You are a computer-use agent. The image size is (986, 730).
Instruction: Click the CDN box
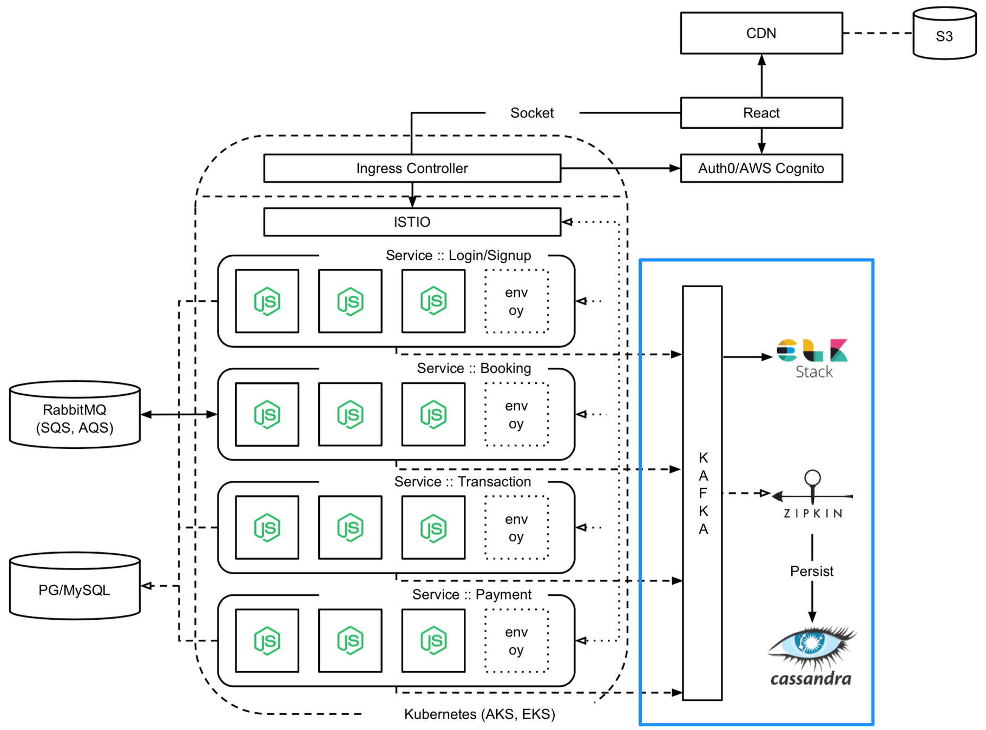pos(761,33)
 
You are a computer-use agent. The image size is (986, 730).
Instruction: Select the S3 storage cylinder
pos(944,34)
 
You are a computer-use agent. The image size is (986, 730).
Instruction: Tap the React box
pos(761,112)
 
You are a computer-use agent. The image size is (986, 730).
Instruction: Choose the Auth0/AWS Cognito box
pos(761,168)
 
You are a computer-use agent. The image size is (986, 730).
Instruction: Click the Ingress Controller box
pos(412,168)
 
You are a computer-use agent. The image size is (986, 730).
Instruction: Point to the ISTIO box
pos(412,222)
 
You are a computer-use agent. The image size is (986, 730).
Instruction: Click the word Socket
pos(532,112)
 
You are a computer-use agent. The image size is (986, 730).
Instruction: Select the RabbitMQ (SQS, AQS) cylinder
pos(75,415)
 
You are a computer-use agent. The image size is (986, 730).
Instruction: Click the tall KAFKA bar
pos(702,493)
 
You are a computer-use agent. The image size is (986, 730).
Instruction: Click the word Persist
pos(812,571)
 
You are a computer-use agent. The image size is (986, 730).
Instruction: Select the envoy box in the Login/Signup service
pos(516,301)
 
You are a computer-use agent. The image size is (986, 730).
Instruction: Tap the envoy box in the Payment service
pos(516,641)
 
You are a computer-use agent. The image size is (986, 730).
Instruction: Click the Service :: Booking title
pos(474,368)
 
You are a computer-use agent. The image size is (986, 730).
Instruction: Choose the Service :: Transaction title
pos(463,482)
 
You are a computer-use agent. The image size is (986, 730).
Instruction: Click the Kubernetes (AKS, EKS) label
pos(479,714)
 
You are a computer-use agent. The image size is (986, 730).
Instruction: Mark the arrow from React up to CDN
pos(761,76)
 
